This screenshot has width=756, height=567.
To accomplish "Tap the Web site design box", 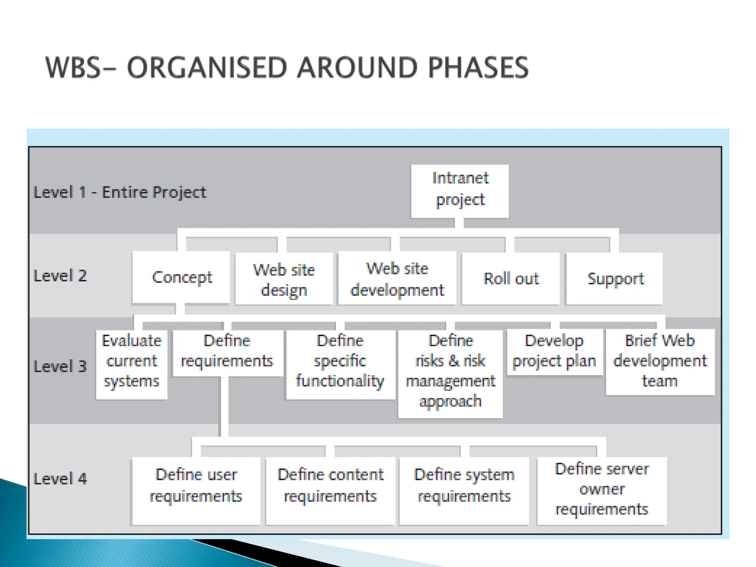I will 284,279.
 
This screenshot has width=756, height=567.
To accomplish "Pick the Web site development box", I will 397,279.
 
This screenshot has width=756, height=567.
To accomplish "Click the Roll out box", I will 511,279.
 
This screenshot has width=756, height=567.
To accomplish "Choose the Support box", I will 615,279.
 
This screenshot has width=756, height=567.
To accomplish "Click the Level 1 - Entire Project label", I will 120,192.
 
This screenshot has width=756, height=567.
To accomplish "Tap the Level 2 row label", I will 60,276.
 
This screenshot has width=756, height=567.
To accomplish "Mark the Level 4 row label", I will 60,479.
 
